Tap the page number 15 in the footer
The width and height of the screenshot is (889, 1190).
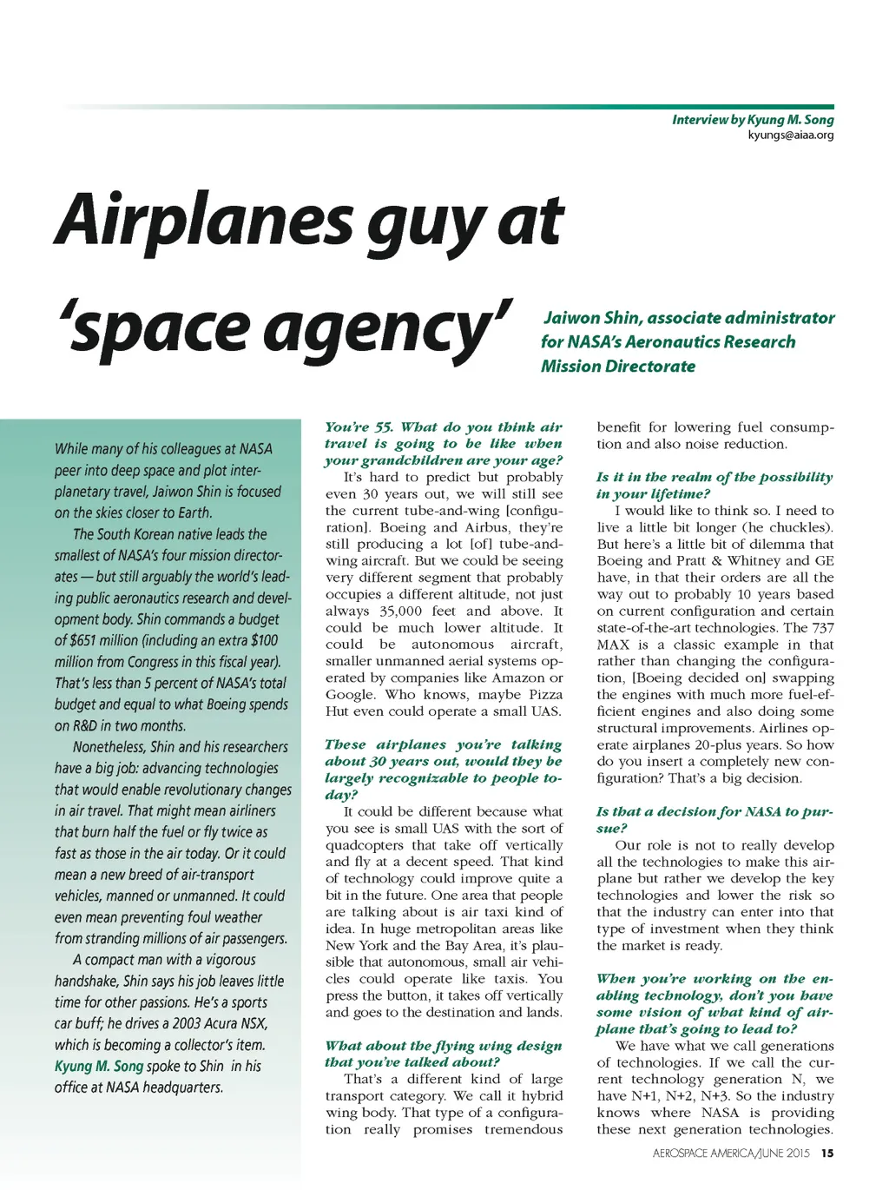(826, 1153)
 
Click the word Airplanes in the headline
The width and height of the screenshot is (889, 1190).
(204, 219)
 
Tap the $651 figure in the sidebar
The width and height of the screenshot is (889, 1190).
(89, 640)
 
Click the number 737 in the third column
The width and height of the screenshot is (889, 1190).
(820, 627)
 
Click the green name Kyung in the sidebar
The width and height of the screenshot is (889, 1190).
(72, 1066)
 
